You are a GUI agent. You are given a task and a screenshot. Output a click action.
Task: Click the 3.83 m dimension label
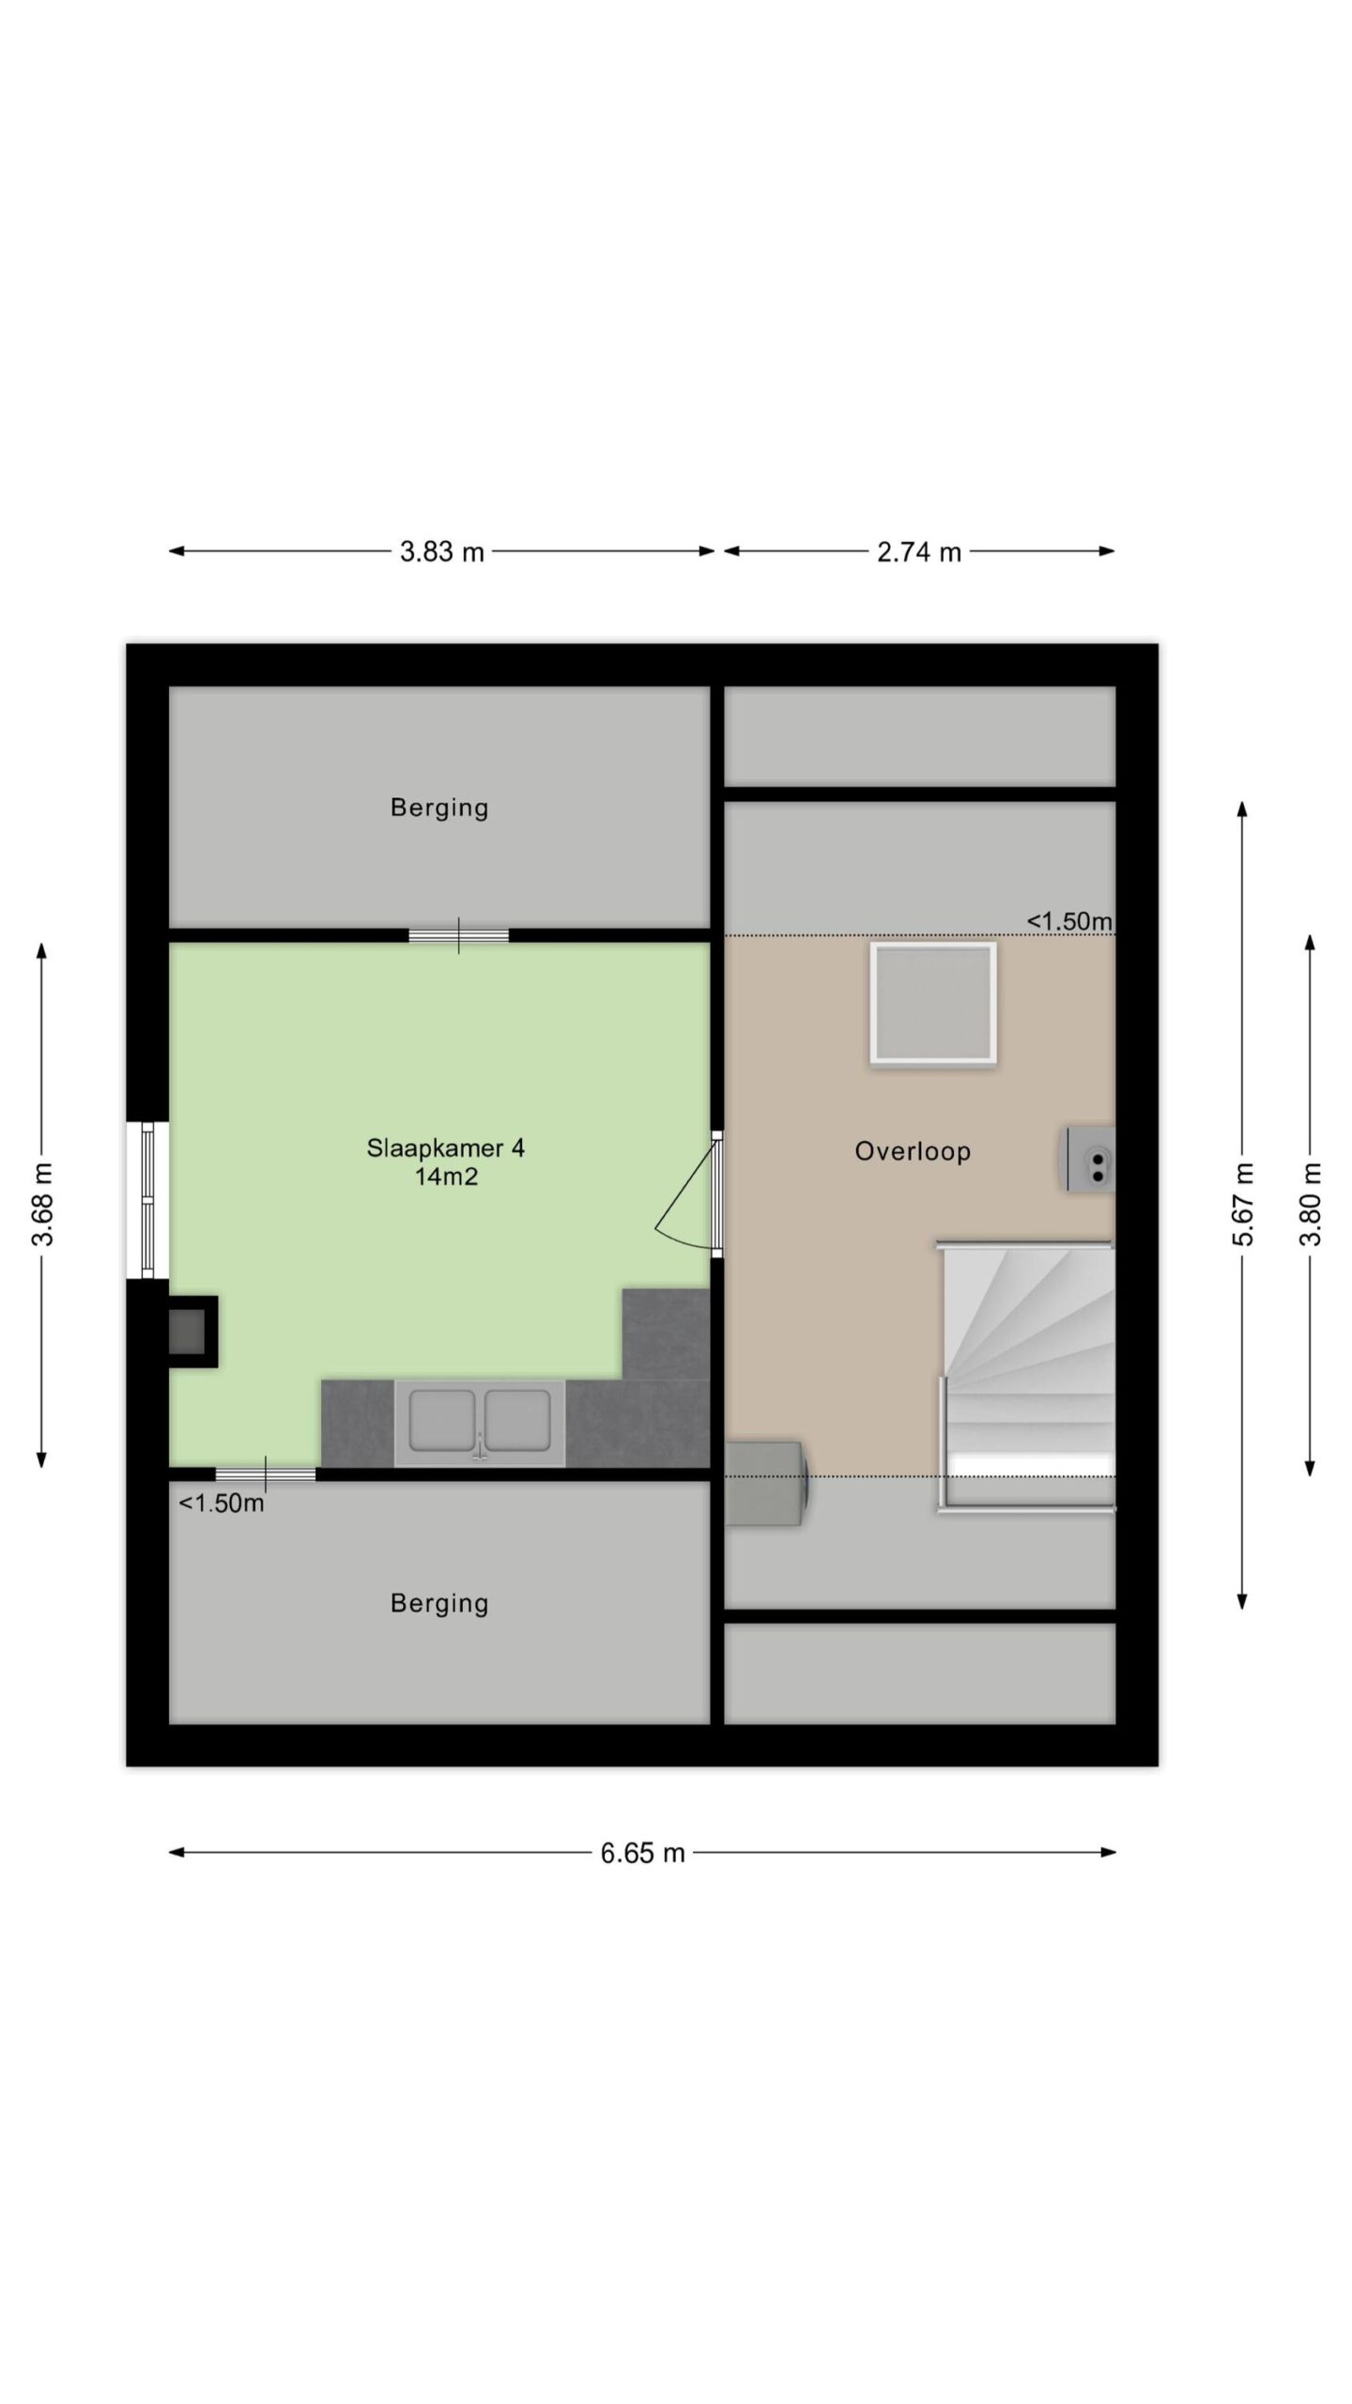(x=441, y=551)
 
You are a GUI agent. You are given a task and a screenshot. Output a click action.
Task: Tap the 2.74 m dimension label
(x=919, y=551)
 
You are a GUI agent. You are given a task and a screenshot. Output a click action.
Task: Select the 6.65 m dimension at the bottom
(x=643, y=1853)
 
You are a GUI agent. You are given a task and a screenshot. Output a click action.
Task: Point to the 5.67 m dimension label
(x=1242, y=1204)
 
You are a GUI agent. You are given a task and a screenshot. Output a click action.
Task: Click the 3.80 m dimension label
(x=1311, y=1204)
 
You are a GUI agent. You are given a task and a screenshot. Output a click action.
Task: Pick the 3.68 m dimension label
(x=42, y=1204)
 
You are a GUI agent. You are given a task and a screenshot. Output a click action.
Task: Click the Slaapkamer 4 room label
(x=445, y=1148)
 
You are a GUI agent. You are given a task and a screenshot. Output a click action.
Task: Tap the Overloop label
(x=913, y=1151)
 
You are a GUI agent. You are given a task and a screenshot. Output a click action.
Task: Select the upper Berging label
(x=439, y=808)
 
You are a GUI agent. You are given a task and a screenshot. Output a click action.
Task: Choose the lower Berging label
(x=439, y=1603)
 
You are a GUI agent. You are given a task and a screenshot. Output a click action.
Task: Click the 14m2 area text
(x=447, y=1177)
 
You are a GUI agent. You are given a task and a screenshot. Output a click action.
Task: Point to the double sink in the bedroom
(x=480, y=1423)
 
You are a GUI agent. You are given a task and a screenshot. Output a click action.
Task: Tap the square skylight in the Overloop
(x=933, y=1004)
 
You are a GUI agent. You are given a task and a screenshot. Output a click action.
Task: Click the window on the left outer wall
(x=147, y=1200)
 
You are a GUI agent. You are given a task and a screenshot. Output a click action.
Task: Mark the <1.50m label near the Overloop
(x=1069, y=921)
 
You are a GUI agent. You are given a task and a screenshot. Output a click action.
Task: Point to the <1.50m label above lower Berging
(x=222, y=1503)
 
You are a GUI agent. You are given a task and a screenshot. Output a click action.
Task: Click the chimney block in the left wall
(x=192, y=1332)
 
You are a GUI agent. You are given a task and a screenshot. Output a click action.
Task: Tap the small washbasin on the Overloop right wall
(x=1089, y=1160)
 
